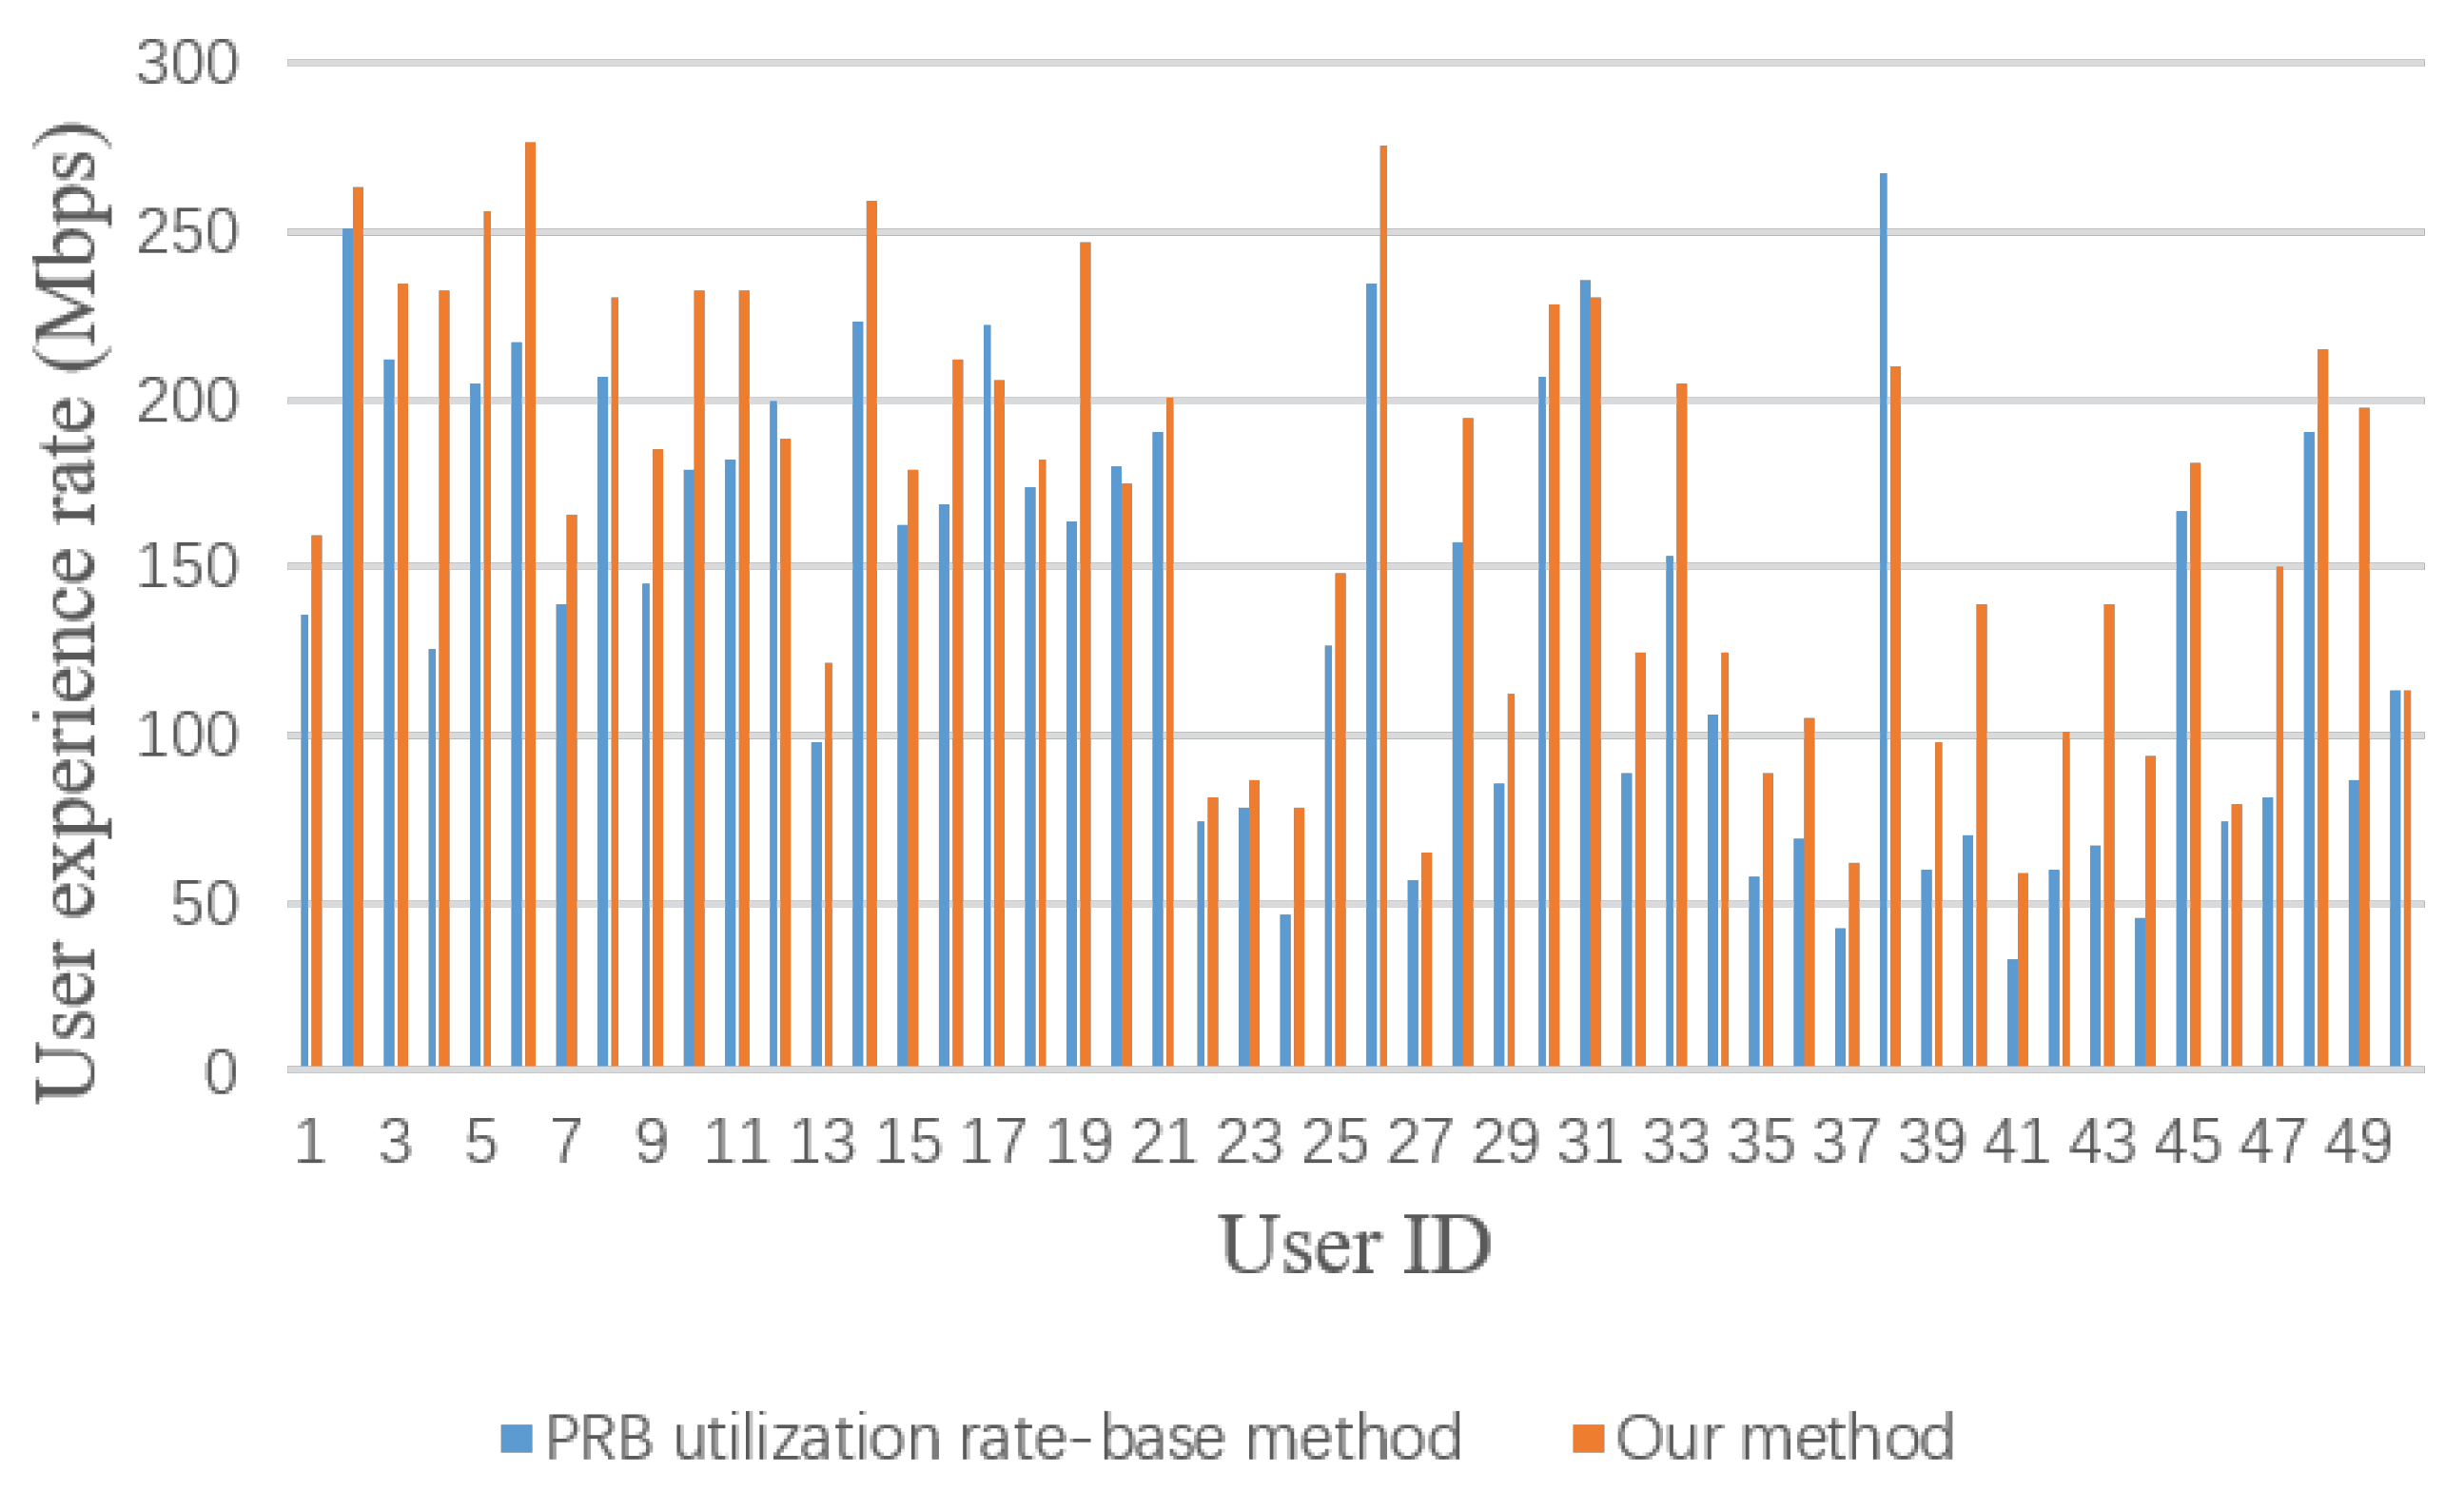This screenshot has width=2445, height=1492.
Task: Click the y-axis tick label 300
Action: coord(187,64)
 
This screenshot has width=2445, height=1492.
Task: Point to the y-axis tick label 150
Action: coord(187,569)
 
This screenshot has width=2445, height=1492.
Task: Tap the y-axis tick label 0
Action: coord(221,1073)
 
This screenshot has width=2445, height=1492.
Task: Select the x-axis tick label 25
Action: coord(1335,1142)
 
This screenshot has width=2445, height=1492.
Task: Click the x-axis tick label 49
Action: coord(2357,1142)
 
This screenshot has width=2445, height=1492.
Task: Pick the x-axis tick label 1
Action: coord(310,1142)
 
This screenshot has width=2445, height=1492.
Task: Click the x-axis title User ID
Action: coord(1356,1246)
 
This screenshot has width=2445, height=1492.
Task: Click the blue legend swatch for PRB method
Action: coord(516,1439)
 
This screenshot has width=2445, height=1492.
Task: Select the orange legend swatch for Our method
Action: coord(1588,1439)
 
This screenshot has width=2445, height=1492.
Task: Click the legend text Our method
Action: coord(1785,1438)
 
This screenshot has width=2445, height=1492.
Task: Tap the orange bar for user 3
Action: coord(402,676)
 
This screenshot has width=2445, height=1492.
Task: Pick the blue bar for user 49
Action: coord(2354,924)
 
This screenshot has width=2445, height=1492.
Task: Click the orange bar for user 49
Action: coord(2365,738)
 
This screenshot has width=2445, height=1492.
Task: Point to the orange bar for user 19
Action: coord(1086,656)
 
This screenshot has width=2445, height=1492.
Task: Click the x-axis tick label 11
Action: coord(736,1142)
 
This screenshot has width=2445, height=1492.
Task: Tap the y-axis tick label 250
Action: coord(187,233)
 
